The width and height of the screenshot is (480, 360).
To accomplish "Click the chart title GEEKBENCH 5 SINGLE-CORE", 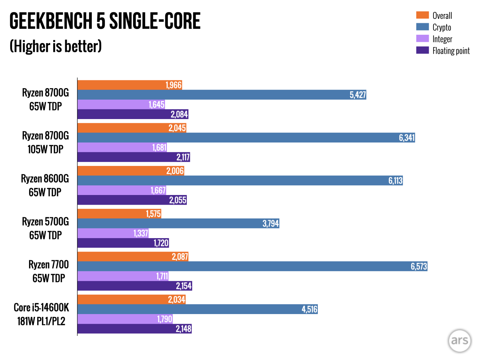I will pos(105,21).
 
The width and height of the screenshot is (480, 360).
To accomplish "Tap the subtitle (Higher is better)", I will pos(56,46).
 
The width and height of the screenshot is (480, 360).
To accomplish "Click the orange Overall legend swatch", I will pos(422,15).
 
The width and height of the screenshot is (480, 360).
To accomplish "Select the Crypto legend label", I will pos(442,27).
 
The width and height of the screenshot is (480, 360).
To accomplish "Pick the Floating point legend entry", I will pos(451,51).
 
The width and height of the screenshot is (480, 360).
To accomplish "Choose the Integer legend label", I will pos(442,39).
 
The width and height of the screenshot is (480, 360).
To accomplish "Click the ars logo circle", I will pos(459,340).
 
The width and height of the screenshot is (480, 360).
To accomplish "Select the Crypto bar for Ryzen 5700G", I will pos(178,223).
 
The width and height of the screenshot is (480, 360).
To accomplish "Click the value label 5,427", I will pos(357,95).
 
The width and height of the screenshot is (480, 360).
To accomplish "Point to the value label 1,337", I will pos(141,233).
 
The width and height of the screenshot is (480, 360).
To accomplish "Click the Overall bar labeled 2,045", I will pos(131,128).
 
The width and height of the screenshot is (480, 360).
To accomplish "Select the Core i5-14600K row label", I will pos(41,314).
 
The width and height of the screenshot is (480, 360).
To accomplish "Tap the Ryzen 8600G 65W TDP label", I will pos(45,185).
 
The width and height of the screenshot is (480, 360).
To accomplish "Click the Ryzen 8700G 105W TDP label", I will pos(46,142).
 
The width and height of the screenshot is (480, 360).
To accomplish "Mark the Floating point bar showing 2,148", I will pos(134,329).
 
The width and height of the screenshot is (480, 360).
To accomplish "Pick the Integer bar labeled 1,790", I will pos(125,319).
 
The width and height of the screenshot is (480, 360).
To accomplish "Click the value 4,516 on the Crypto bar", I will pos(309,309).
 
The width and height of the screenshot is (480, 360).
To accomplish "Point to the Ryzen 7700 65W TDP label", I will pos(48,271).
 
